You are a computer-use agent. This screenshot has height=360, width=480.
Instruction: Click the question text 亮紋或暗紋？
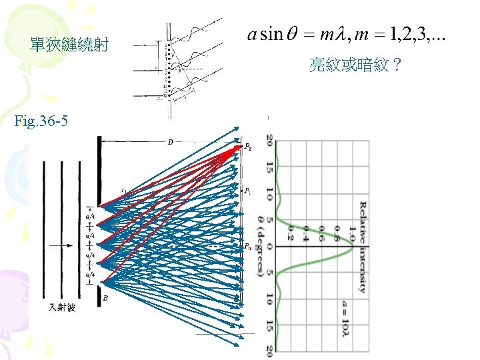[355, 65]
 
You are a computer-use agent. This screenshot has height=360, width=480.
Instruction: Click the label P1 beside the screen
[248, 192]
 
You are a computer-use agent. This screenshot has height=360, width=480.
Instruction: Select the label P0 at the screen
[248, 246]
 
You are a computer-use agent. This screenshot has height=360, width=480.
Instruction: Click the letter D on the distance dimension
[171, 142]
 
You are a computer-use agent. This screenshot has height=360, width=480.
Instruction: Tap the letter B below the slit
[105, 299]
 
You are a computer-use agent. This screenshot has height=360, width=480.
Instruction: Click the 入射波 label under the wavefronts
[63, 309]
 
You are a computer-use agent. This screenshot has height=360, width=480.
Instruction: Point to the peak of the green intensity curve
[353, 246]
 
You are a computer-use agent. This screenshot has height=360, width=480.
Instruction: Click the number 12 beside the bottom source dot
[165, 96]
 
